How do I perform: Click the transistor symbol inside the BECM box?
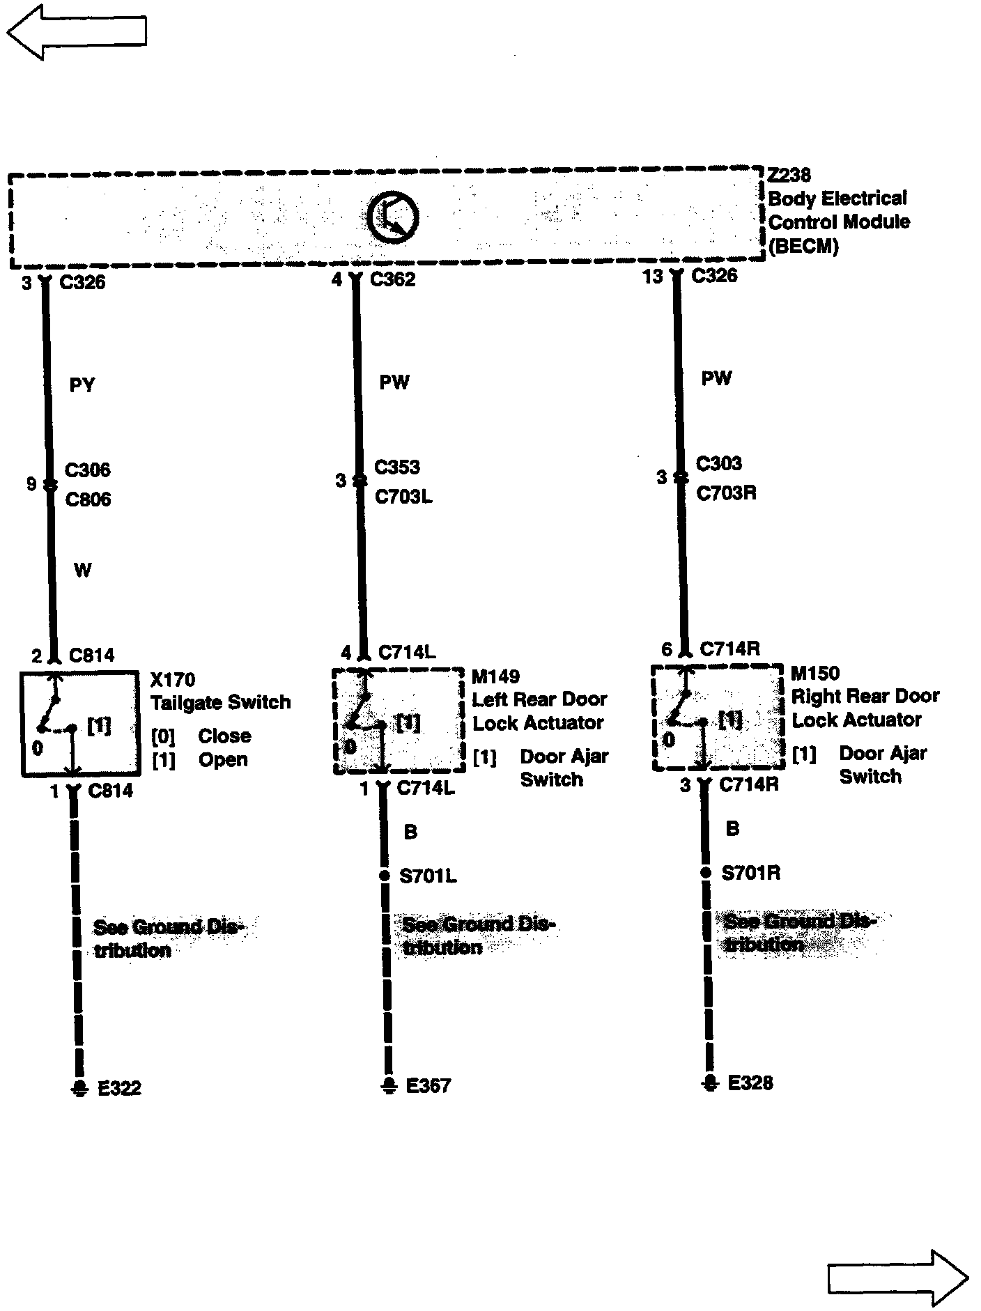392,218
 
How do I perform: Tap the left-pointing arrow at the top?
77,31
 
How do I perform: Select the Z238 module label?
789,174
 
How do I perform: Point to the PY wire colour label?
82,385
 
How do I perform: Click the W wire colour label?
82,571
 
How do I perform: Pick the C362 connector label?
393,279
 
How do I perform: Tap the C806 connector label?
88,499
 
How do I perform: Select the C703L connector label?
403,497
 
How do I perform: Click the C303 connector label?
718,463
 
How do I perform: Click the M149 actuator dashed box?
398,720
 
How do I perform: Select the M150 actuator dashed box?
717,717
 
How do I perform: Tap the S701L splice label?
428,876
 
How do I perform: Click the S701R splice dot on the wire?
706,873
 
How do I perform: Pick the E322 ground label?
119,1088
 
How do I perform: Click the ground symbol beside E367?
389,1086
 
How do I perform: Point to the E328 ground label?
750,1083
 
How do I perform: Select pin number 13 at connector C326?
652,277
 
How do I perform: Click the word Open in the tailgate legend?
223,759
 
